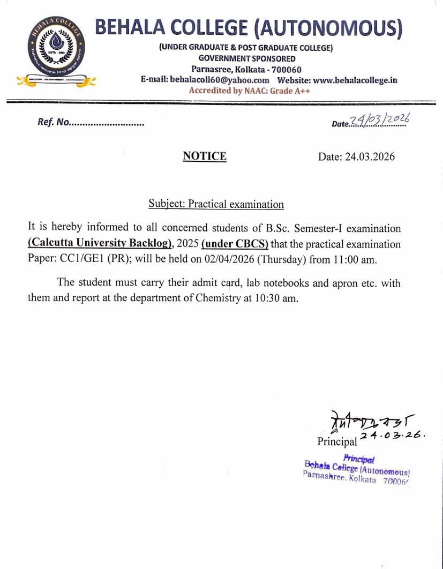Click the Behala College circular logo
[x=56, y=53]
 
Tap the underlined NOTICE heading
[x=205, y=156]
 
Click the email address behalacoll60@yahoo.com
[x=220, y=80]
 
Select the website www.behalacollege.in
[x=355, y=80]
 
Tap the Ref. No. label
[x=54, y=122]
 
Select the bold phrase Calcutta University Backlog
[x=100, y=244]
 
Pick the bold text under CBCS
[x=235, y=244]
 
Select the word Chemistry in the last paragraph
[x=218, y=298]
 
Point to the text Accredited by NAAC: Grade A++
[x=249, y=91]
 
